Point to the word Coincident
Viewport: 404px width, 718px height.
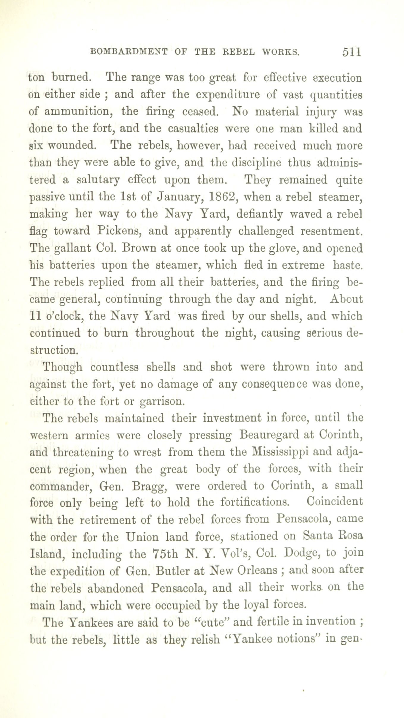[x=334, y=502]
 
